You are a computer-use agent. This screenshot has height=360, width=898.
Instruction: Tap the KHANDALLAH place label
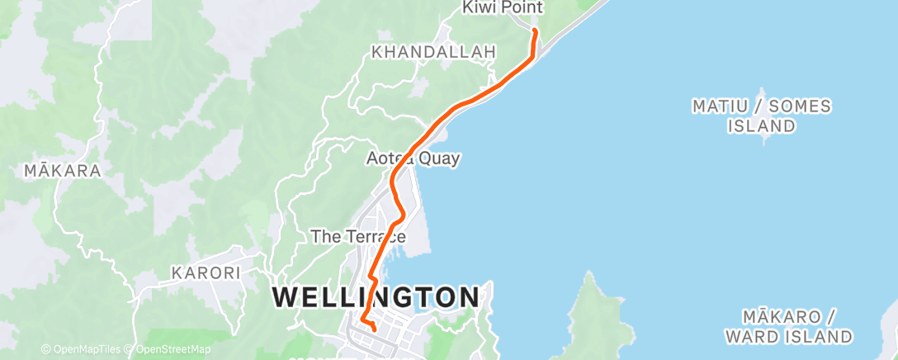434,52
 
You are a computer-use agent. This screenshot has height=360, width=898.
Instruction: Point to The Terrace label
358,236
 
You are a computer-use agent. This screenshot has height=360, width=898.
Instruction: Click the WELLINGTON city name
376,296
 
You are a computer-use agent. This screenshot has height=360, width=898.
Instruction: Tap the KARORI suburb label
206,272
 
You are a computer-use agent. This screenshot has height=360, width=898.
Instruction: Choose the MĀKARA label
63,171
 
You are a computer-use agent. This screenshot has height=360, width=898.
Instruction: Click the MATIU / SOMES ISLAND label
762,116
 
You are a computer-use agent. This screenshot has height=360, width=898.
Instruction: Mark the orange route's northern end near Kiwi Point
535,31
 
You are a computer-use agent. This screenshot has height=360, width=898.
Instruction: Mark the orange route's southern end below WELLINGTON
376,330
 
